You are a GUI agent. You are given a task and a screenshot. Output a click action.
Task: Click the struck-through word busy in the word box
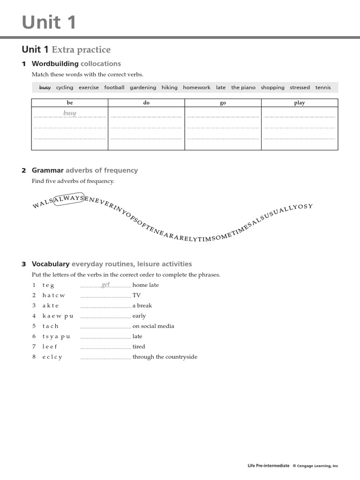point(45,88)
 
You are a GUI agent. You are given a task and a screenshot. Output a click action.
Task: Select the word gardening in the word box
point(143,88)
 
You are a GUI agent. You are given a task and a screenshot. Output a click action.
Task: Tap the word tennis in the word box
point(323,88)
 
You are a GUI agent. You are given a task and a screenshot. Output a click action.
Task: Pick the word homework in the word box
point(196,88)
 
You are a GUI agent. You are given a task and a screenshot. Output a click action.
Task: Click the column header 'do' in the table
point(146,103)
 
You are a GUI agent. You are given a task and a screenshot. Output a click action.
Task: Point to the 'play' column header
point(300,103)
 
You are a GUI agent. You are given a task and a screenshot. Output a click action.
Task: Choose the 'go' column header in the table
point(223,103)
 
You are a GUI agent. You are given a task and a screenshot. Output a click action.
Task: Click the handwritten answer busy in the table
point(70,113)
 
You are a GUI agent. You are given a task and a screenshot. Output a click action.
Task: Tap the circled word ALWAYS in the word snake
point(69,199)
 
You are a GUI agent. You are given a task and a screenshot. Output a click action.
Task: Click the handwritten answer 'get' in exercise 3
point(106,285)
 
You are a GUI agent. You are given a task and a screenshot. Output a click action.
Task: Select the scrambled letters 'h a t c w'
point(53,295)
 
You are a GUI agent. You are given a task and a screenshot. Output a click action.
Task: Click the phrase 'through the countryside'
point(165,357)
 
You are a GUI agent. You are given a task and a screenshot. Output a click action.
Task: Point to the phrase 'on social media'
point(153,326)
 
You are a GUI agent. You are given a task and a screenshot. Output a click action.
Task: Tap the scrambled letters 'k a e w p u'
point(58,316)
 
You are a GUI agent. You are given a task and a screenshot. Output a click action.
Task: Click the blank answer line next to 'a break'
point(105,306)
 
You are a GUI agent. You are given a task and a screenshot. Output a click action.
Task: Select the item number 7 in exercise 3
point(34,346)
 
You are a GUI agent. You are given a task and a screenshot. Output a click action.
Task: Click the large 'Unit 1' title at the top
point(49,22)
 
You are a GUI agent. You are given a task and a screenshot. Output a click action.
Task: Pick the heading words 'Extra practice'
point(81,50)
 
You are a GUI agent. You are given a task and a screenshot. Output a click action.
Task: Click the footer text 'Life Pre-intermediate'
point(269,466)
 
